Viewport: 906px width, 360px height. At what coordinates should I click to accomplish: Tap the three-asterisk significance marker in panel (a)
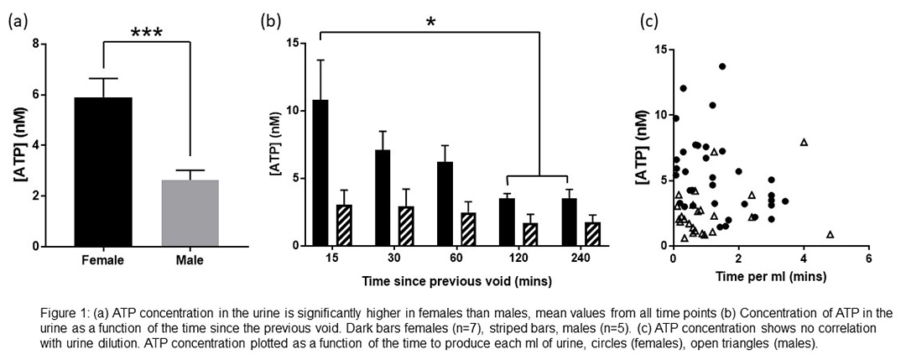click(146, 34)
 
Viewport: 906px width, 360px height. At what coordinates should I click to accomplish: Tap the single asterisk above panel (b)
click(430, 22)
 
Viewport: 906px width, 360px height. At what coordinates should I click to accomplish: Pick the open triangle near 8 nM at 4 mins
click(804, 142)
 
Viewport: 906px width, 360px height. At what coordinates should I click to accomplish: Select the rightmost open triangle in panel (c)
click(830, 234)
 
